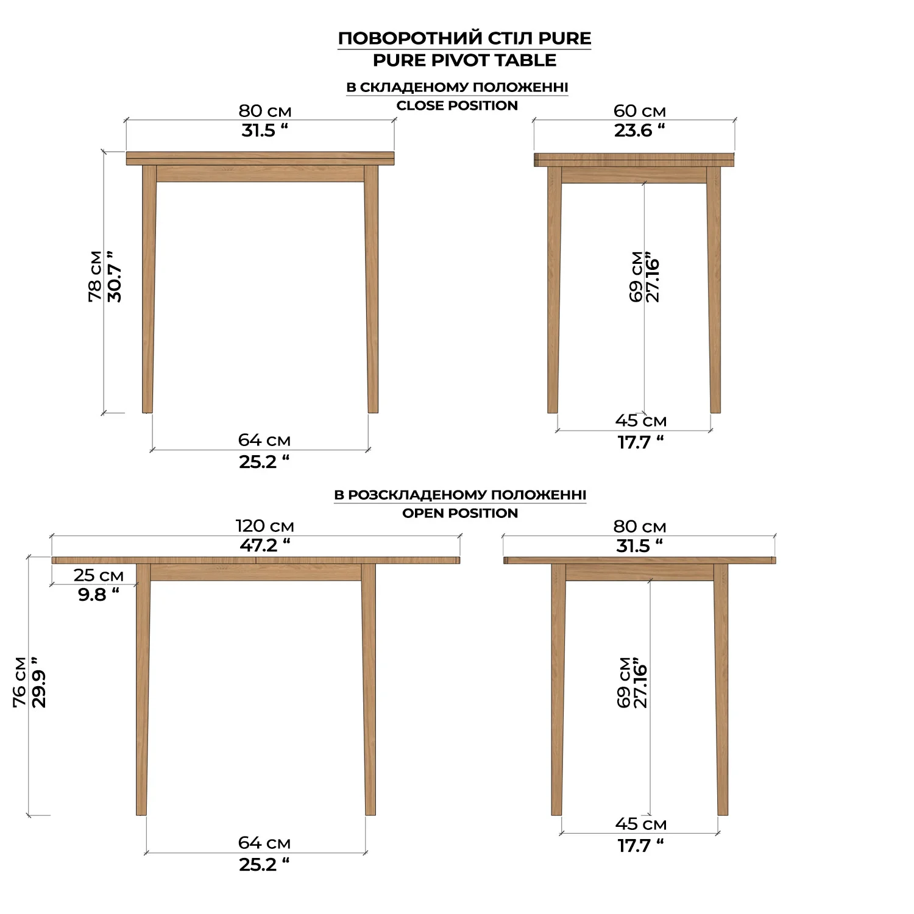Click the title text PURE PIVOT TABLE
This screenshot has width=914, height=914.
coord(464,60)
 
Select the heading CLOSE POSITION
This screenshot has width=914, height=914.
coord(457,105)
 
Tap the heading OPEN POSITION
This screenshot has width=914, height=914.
coord(460,513)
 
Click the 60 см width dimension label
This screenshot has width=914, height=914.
coord(639,111)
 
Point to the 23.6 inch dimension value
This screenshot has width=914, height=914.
coord(639,130)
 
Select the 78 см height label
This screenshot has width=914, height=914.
coord(96,276)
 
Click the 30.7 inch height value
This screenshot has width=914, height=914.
coord(115,276)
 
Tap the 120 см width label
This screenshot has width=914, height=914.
coord(265,526)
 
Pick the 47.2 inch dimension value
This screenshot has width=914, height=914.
coord(265,545)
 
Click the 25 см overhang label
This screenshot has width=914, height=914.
coord(99,575)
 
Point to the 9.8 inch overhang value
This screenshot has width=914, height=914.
coord(99,595)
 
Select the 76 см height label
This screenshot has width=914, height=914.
coord(20,682)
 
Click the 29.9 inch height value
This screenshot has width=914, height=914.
coord(38,682)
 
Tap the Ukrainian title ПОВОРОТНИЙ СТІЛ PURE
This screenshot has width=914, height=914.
coord(464,38)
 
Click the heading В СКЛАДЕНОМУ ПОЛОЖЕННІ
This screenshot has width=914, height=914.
coord(457,87)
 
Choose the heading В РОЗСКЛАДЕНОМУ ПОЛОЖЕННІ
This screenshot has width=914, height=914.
coord(460,495)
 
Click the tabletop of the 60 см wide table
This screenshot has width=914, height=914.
coord(634,160)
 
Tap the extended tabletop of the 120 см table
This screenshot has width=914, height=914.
coord(256,560)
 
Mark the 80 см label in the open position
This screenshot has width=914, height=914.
coord(640,526)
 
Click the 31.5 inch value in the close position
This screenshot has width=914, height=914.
coord(264,130)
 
